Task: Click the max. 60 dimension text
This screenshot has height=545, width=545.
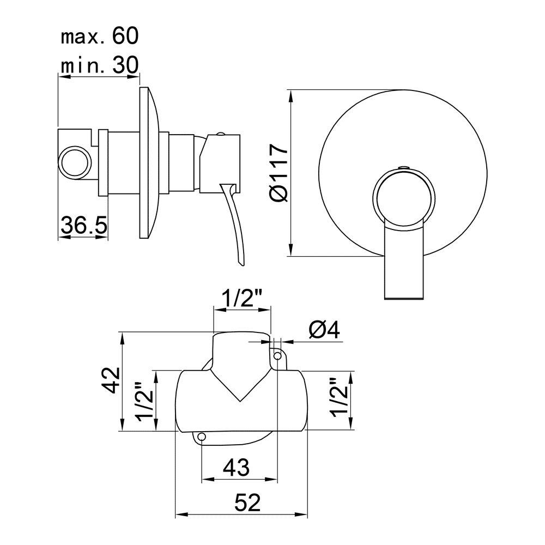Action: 100,36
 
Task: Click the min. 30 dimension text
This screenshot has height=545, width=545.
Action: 100,65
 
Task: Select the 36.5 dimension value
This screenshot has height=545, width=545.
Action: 84,225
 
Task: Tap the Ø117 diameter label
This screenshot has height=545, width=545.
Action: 279,173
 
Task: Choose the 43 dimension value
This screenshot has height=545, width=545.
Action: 237,467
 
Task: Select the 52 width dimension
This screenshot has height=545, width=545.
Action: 247,502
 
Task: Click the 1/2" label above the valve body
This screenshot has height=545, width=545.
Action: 242,298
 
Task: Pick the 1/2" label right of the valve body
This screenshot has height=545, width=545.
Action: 340,397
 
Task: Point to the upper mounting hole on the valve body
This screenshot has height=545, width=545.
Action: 278,356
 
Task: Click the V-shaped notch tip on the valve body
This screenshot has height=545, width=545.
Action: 240,402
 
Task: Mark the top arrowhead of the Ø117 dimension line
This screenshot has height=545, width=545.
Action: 291,96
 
